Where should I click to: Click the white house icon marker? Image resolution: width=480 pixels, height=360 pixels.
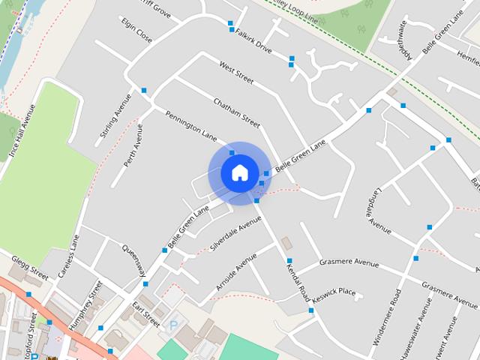point(239,172)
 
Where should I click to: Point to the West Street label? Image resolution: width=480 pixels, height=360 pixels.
point(236,72)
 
